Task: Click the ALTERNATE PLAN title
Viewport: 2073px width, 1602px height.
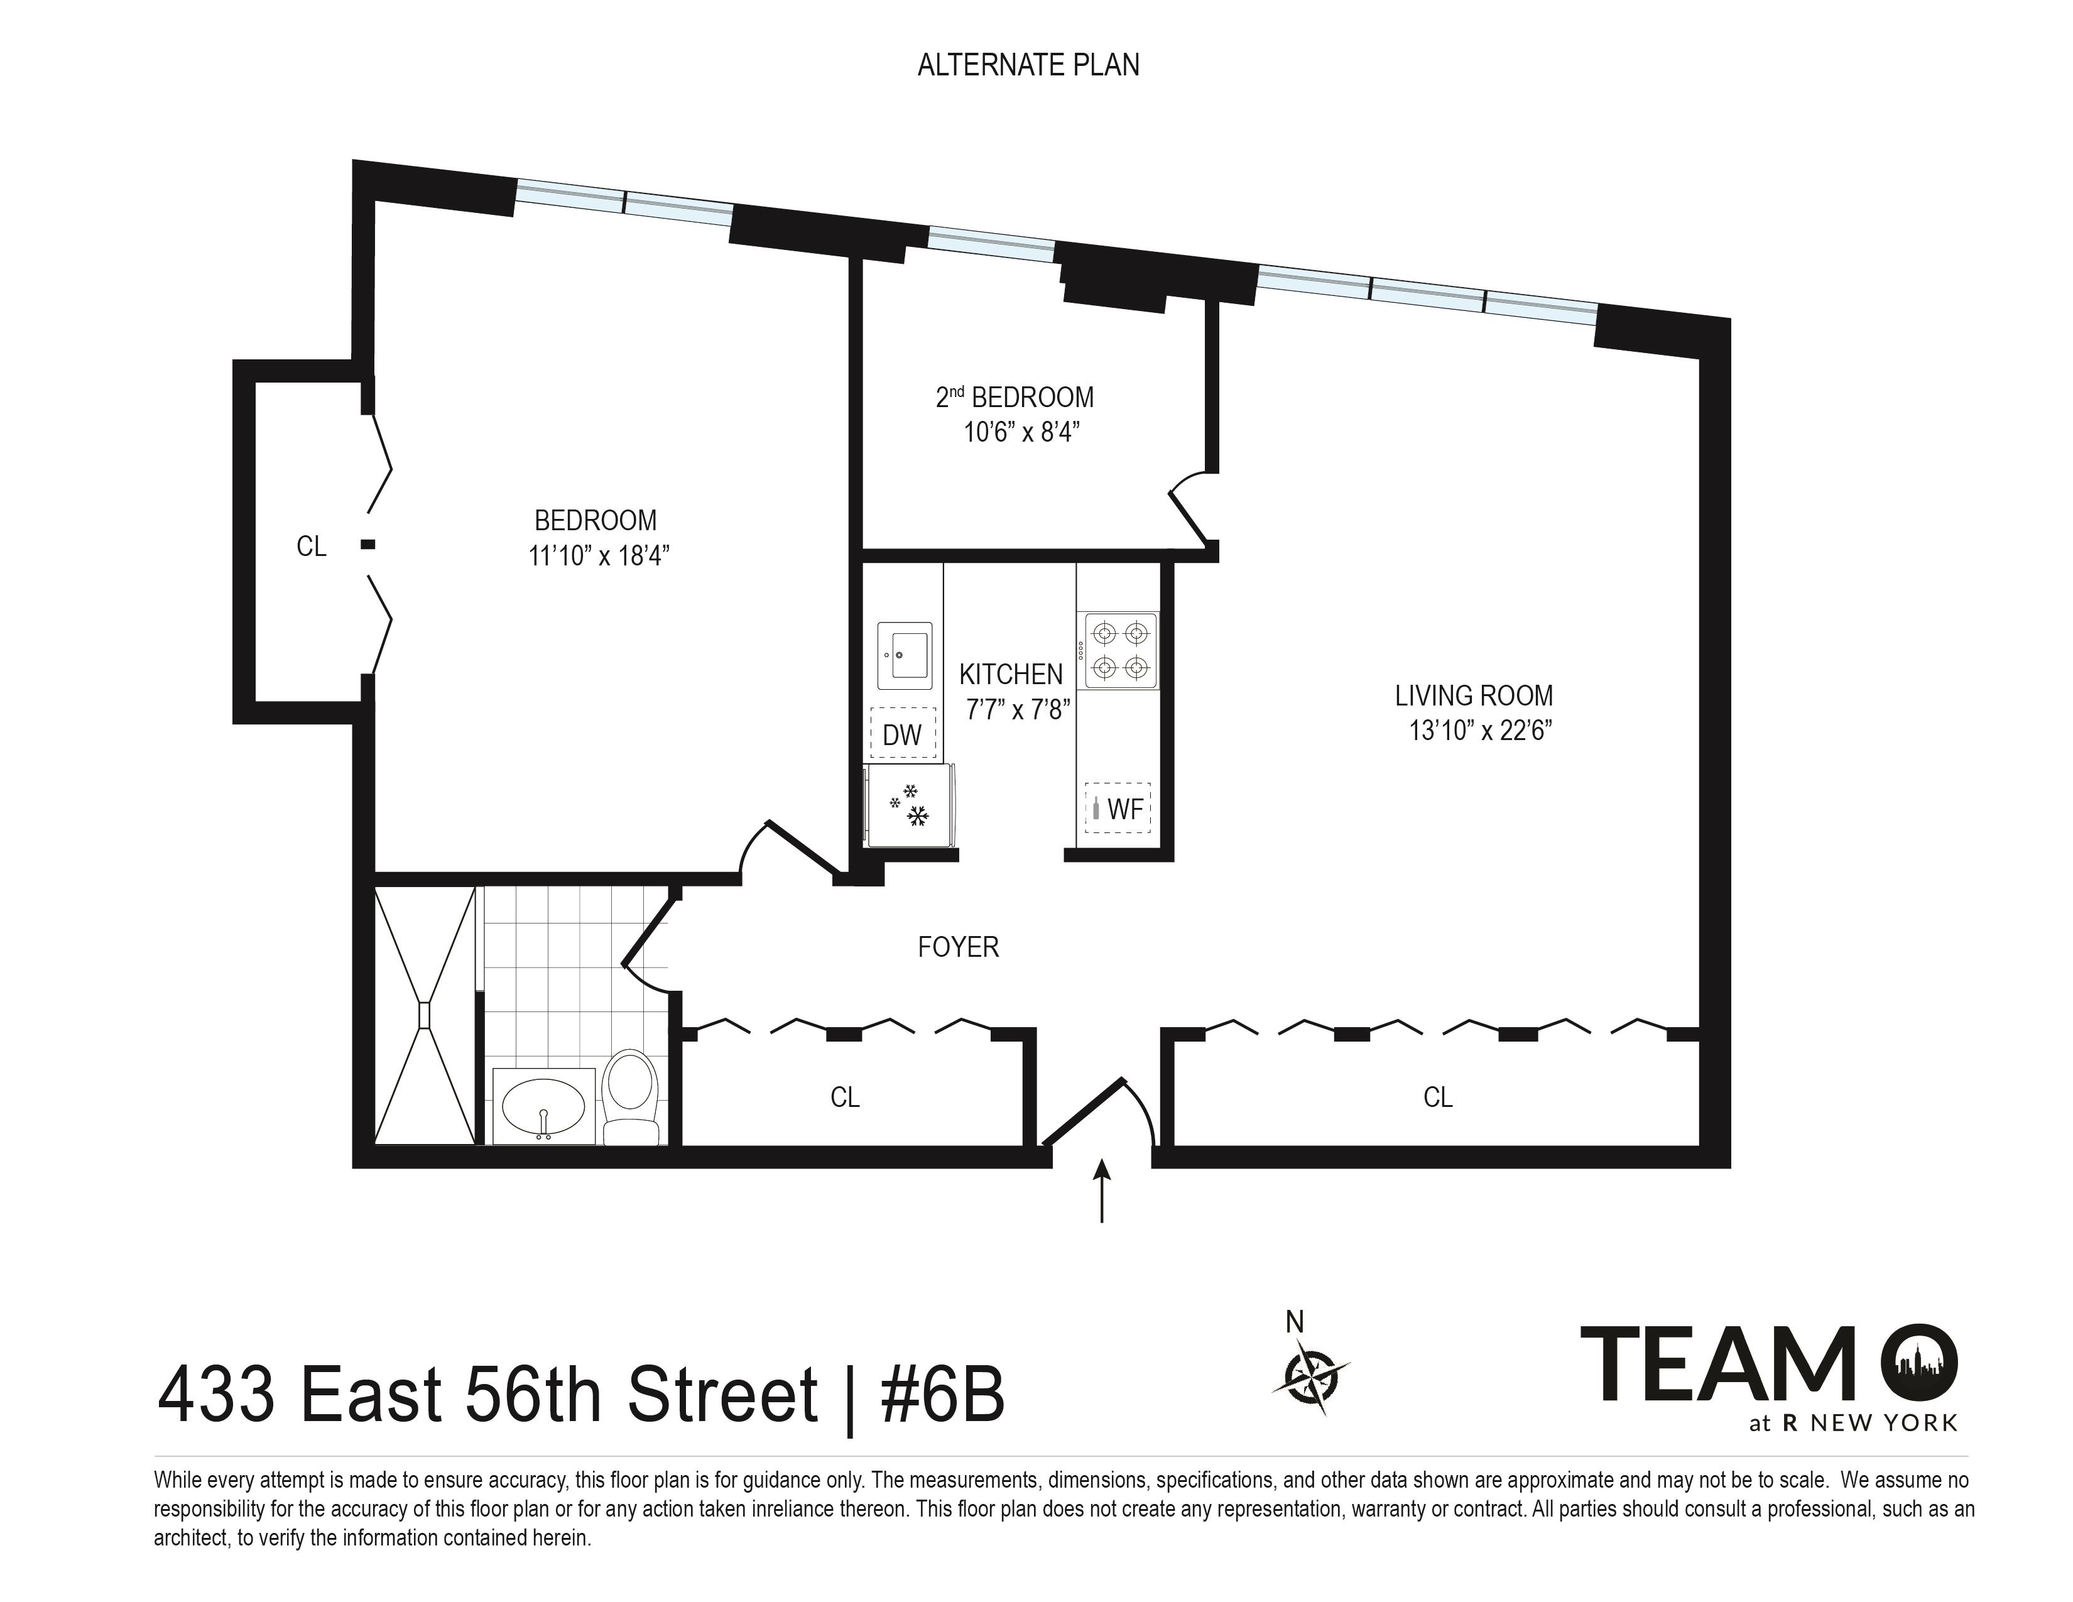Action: point(1028,65)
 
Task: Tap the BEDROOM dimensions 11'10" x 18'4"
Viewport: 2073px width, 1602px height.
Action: point(599,555)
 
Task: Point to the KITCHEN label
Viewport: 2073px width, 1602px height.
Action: point(1011,674)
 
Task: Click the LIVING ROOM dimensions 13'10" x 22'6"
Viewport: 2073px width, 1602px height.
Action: point(1480,731)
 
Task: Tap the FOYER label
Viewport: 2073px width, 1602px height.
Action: point(959,947)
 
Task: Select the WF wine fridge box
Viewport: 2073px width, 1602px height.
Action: point(1118,809)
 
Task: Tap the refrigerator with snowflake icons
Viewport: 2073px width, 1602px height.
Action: point(910,805)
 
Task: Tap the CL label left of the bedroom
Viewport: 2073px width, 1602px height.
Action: point(312,546)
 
